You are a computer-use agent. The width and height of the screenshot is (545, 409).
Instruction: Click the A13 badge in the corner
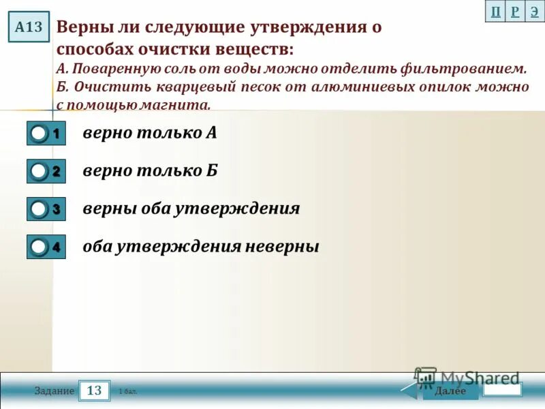point(29,27)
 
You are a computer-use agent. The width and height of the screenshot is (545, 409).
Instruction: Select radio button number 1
point(40,134)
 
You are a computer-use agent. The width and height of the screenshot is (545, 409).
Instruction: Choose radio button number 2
point(40,172)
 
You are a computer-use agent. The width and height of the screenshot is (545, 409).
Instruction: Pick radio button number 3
point(40,209)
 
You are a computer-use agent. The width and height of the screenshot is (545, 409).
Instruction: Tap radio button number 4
point(40,247)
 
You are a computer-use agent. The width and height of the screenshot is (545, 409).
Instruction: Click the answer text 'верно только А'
point(150,132)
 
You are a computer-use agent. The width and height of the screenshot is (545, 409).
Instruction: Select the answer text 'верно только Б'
point(150,170)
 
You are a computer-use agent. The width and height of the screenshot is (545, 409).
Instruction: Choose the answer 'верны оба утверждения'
point(191,208)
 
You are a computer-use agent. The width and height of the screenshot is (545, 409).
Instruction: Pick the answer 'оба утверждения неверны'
point(201,246)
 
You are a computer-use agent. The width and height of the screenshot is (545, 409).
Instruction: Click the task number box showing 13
point(95,391)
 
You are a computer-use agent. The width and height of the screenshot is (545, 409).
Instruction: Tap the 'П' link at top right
point(495,12)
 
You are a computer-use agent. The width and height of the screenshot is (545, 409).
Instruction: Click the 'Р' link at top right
point(515,12)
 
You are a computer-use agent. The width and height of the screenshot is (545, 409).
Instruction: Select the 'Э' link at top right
point(535,12)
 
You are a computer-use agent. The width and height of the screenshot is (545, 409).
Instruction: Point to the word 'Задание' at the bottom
point(54,391)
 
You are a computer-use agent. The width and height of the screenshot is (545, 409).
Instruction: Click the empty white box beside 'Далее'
point(502,389)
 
